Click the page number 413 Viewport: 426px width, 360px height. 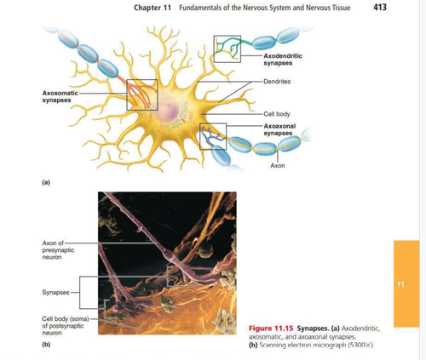pos(380,7)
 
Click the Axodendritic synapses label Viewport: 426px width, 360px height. pos(283,60)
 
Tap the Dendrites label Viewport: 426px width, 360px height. pos(277,82)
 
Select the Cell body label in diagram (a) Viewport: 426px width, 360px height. pos(277,114)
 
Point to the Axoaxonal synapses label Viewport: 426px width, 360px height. pos(279,129)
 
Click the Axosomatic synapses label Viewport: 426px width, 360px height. pos(60,96)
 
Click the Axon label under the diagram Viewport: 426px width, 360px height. pos(278,165)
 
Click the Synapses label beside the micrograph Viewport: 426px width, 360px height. pos(55,292)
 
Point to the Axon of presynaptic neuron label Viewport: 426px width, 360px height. pos(58,250)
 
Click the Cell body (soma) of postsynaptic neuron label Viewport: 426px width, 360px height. pos(66,326)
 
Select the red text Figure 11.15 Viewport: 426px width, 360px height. pos(271,329)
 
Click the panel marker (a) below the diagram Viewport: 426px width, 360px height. pos(46,182)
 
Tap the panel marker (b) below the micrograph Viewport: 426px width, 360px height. pos(46,345)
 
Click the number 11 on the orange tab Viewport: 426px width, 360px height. pos(400,284)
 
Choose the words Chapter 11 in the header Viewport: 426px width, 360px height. pos(153,8)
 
